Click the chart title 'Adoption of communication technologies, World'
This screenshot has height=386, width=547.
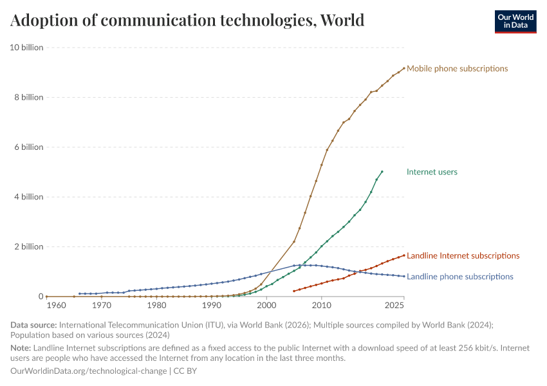coord(187,21)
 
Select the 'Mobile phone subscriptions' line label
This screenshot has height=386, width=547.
coord(457,68)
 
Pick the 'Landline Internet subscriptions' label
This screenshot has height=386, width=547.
coord(463,255)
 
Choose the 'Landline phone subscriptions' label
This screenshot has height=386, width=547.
coord(459,277)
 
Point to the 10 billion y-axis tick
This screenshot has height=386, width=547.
coord(26,48)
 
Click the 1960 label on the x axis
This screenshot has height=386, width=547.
coord(56,306)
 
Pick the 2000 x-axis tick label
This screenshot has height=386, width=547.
coord(266,306)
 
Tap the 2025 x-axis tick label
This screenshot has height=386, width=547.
coord(394,306)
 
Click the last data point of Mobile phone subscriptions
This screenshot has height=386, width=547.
coord(404,68)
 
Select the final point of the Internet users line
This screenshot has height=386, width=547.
coord(382,172)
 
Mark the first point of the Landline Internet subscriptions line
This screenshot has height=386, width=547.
coord(294,291)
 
